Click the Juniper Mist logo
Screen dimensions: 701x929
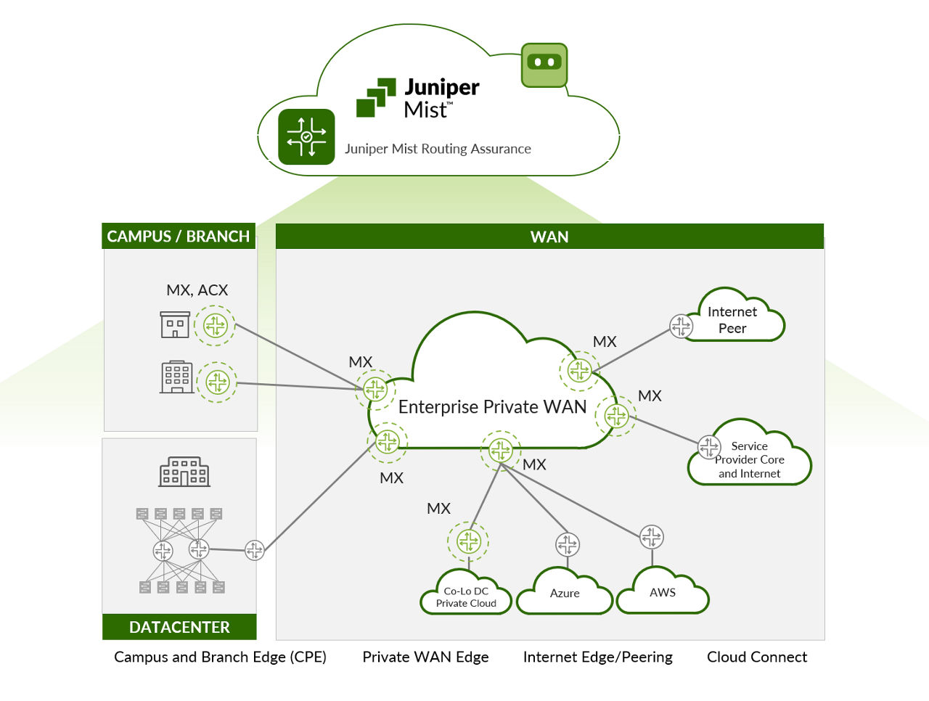(417, 98)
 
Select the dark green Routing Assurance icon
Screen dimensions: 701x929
(306, 136)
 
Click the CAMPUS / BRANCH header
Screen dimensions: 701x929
(179, 237)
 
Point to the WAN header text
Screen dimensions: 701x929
(549, 237)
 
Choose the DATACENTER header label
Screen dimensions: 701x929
(179, 627)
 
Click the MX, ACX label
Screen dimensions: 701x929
(197, 290)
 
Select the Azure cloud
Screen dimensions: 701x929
(565, 593)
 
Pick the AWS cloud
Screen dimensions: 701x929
(663, 592)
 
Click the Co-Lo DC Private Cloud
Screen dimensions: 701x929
(466, 597)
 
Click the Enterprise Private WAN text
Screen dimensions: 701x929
(492, 407)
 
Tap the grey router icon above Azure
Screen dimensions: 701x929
(568, 544)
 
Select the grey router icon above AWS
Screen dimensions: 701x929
(652, 537)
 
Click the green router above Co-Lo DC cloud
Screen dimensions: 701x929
(469, 541)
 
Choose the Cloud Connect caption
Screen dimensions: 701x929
(757, 657)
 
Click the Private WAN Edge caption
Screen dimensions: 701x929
(425, 657)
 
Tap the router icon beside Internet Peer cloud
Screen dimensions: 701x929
(681, 326)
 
